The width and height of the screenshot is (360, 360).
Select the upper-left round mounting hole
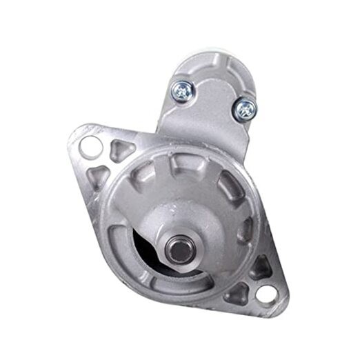(x=90, y=146)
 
